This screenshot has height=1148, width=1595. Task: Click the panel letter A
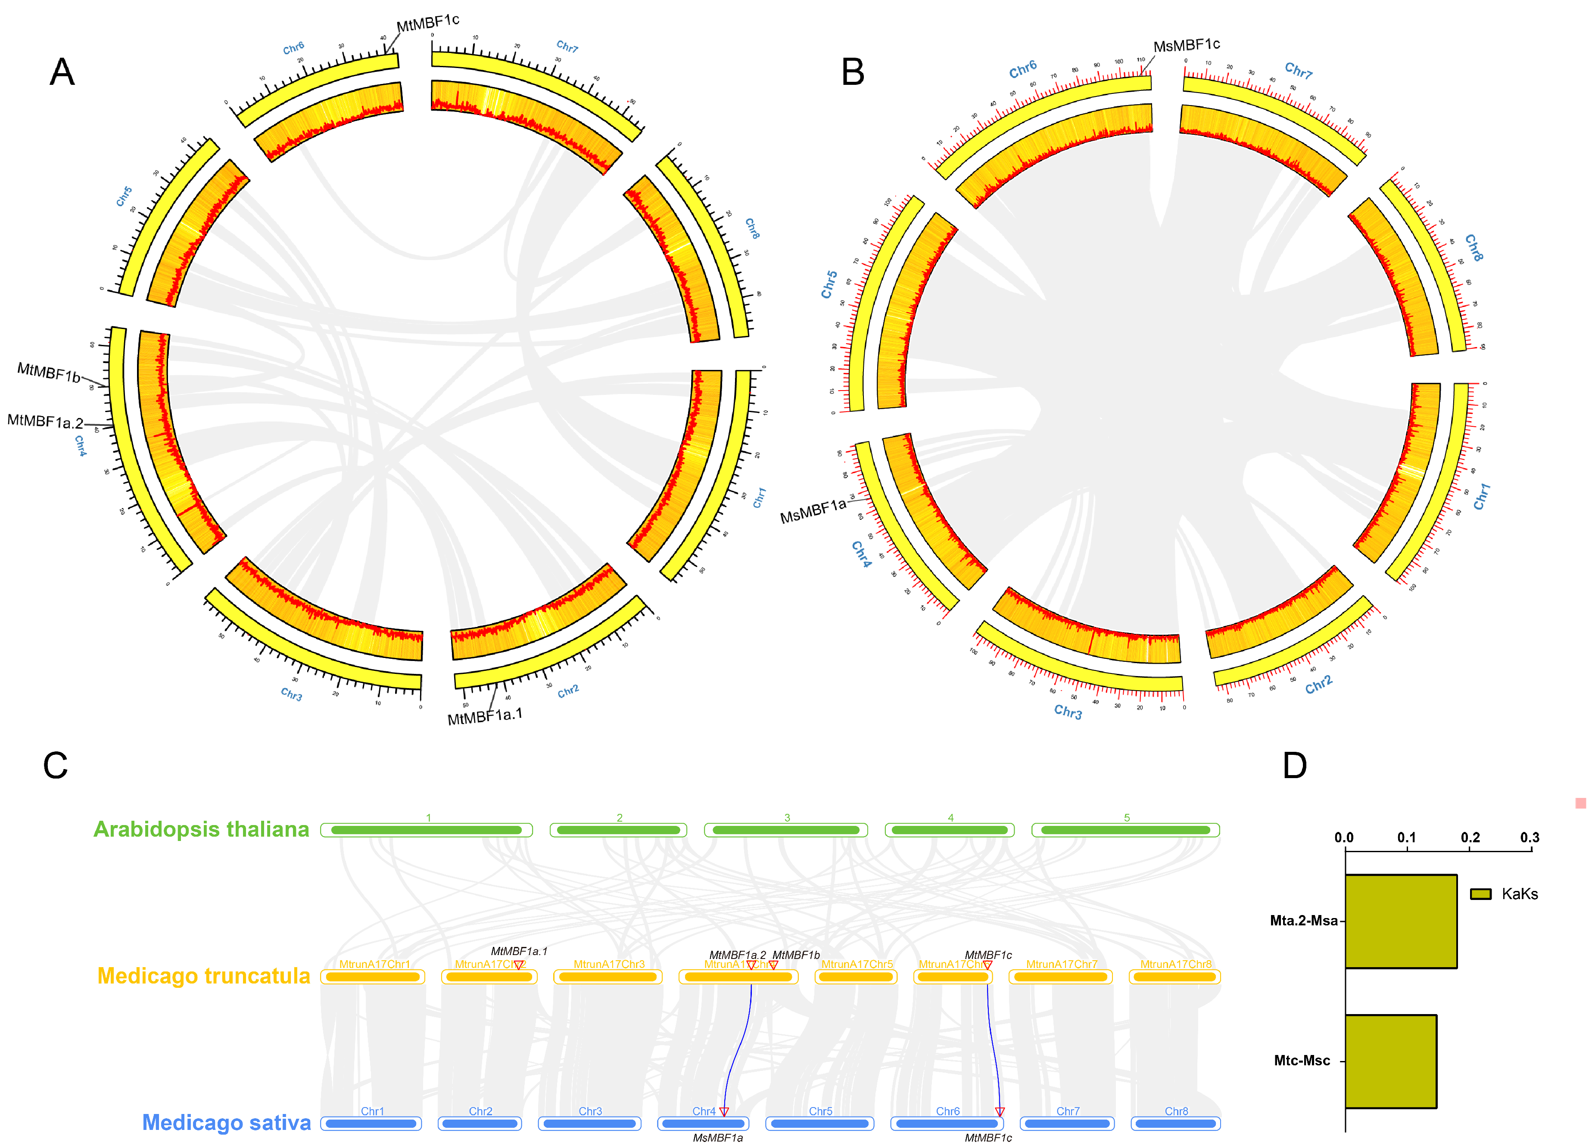coord(62,72)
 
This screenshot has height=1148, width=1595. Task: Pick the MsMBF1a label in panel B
coord(813,511)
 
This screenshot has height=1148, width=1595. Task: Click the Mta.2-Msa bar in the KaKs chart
coord(1400,921)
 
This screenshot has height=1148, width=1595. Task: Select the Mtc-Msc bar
coord(1390,1061)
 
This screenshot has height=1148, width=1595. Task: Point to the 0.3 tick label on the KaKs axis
coord(1530,837)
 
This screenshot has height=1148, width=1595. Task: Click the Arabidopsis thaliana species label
coord(201,829)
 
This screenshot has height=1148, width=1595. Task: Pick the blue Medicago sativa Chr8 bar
coord(1175,1123)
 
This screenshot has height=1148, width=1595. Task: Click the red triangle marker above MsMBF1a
coord(724,1111)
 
